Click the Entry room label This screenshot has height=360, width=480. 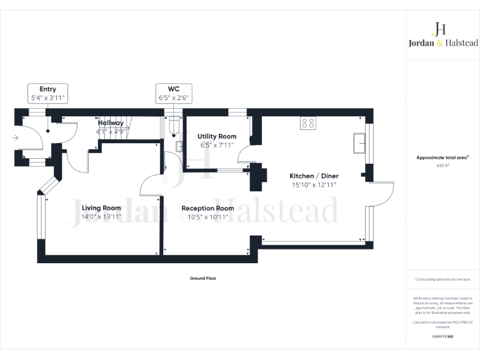click(47, 89)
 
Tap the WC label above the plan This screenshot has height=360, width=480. click(174, 89)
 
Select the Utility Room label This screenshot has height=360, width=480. click(217, 136)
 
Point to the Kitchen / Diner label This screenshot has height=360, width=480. click(314, 176)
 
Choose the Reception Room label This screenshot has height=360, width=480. click(207, 208)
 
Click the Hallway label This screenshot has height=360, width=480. click(111, 123)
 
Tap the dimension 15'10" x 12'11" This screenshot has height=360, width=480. click(314, 184)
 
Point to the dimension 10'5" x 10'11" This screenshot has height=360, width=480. click(207, 217)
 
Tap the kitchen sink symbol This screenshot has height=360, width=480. click(359, 142)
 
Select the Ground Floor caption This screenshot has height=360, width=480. click(203, 277)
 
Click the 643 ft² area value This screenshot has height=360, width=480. click(442, 166)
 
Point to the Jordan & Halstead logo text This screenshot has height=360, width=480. click(440, 43)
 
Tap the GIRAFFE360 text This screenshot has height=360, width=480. click(442, 336)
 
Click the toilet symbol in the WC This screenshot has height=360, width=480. click(174, 129)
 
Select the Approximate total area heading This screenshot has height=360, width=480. click(442, 157)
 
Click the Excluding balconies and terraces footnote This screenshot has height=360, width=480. click(442, 279)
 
